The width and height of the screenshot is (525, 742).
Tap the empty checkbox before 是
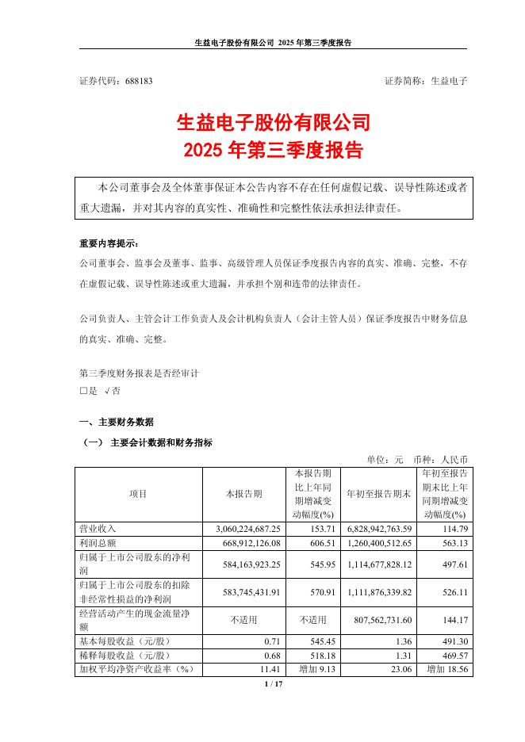point(83,391)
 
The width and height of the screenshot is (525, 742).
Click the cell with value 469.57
point(453,655)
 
